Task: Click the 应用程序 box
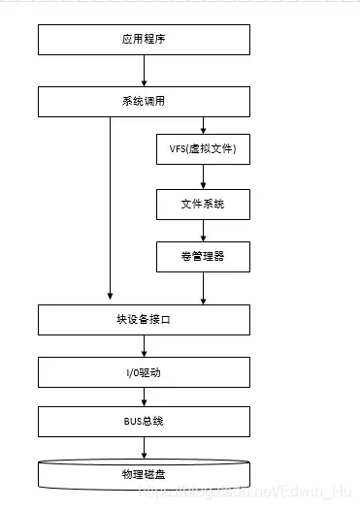click(144, 40)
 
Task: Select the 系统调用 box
click(144, 101)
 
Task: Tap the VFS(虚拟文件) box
click(203, 150)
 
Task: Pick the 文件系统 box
click(203, 204)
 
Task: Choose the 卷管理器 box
click(203, 257)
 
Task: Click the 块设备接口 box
click(144, 320)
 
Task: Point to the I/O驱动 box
click(144, 372)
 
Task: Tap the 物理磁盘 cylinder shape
click(144, 475)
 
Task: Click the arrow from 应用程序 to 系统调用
click(144, 71)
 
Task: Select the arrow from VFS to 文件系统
click(203, 177)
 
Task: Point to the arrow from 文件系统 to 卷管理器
click(203, 230)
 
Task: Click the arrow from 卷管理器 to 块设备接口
click(203, 288)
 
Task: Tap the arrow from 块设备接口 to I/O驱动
click(144, 346)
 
